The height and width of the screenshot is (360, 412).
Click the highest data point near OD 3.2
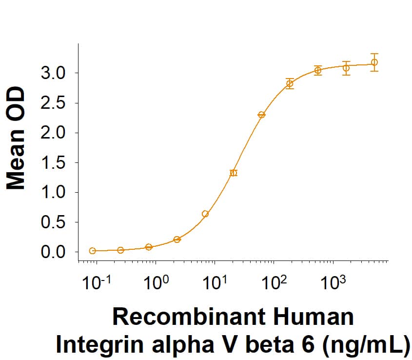coord(374,62)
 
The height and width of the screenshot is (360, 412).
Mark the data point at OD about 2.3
coord(261,115)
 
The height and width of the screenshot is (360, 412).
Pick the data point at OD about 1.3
coord(234,173)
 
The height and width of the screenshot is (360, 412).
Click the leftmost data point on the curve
coord(93,251)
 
